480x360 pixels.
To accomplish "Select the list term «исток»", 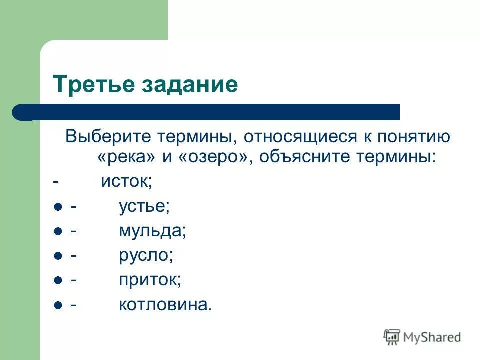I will pos(126,181).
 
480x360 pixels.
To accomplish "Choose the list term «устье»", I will pos(144,206).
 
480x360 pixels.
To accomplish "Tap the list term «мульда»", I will pos(152,230).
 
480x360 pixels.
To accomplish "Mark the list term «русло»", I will pos(145,255).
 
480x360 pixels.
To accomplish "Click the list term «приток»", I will pos(149,280).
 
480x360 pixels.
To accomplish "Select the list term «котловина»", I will pos(165,304).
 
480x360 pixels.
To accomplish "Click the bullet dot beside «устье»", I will pos(57,207).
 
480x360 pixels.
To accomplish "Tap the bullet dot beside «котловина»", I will pos(57,305).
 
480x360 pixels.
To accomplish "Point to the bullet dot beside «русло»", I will pos(57,256).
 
